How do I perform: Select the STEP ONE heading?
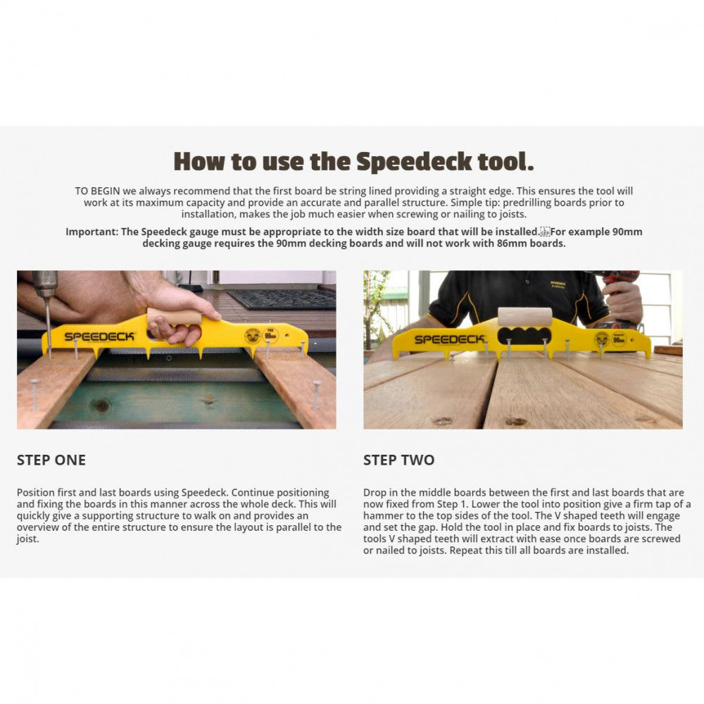(x=51, y=460)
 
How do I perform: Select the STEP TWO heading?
(x=398, y=460)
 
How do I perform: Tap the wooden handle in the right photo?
(x=524, y=316)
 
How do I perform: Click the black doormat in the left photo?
(x=282, y=298)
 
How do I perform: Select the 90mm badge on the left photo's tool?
(x=270, y=336)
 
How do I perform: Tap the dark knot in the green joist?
(x=100, y=406)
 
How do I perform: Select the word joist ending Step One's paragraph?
(x=28, y=539)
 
